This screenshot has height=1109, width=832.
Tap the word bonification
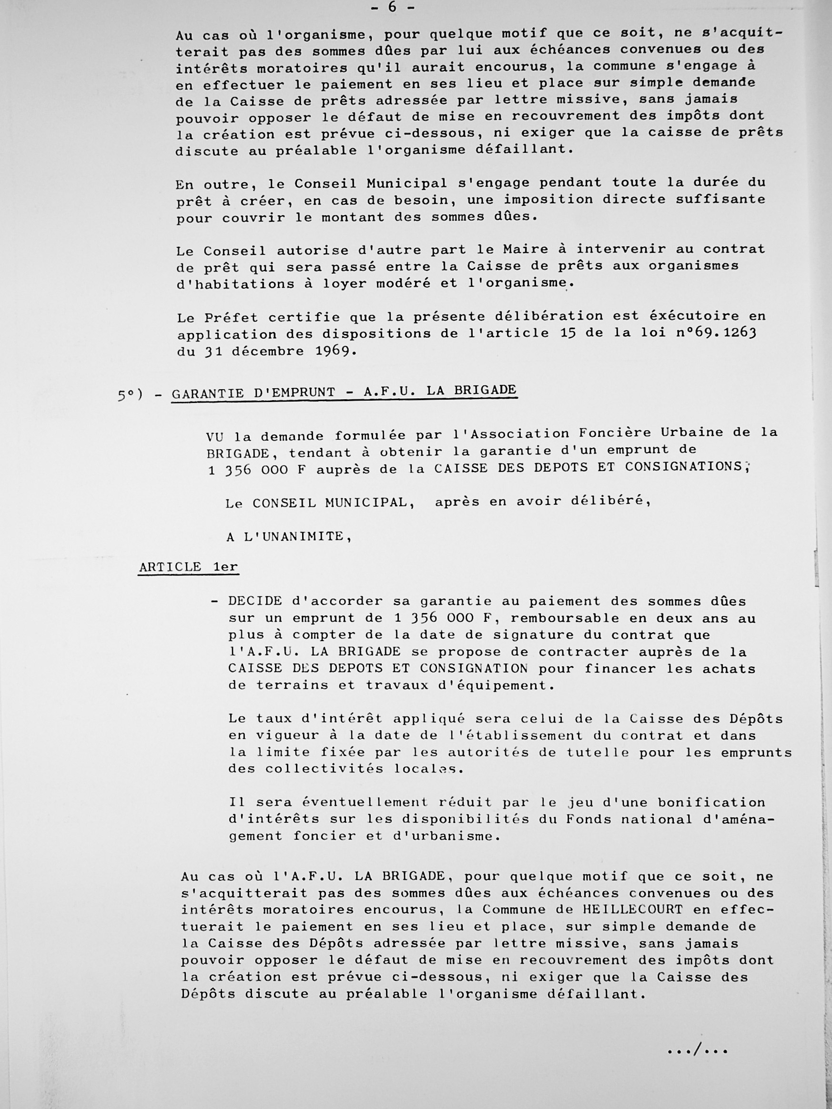click(x=711, y=802)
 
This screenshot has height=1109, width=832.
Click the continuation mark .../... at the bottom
click(x=697, y=1049)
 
